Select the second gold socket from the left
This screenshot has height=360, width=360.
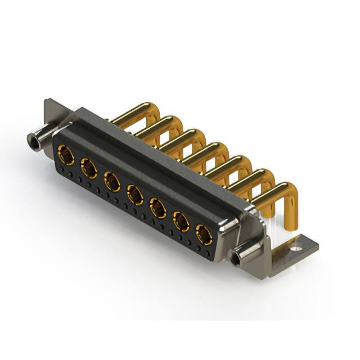(89, 168)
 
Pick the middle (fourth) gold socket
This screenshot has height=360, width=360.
(135, 195)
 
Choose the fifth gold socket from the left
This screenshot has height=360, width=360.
(158, 208)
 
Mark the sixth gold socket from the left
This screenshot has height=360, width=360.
(181, 222)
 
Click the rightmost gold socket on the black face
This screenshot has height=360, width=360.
(204, 234)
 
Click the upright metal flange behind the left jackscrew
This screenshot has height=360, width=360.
(54, 112)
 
